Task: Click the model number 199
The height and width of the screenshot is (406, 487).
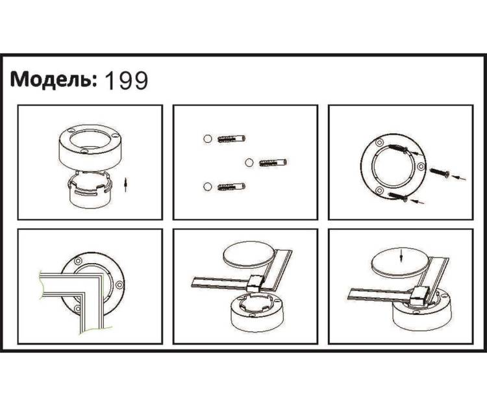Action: [127, 81]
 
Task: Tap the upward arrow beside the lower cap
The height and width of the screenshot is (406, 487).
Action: [125, 185]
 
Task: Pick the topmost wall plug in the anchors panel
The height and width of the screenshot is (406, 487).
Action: [232, 138]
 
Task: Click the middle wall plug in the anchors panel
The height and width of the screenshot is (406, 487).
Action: [273, 162]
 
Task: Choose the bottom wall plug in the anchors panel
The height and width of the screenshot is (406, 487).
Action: [232, 186]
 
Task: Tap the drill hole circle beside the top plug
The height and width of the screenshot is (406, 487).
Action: [208, 138]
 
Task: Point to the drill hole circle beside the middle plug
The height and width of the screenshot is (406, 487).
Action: [249, 162]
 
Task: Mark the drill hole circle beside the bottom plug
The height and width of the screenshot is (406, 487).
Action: [208, 186]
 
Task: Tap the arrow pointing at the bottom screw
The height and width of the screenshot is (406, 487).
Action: [418, 202]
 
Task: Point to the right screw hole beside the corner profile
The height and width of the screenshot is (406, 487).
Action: [119, 285]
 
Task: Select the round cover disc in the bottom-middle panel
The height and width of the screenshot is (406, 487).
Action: [249, 255]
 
